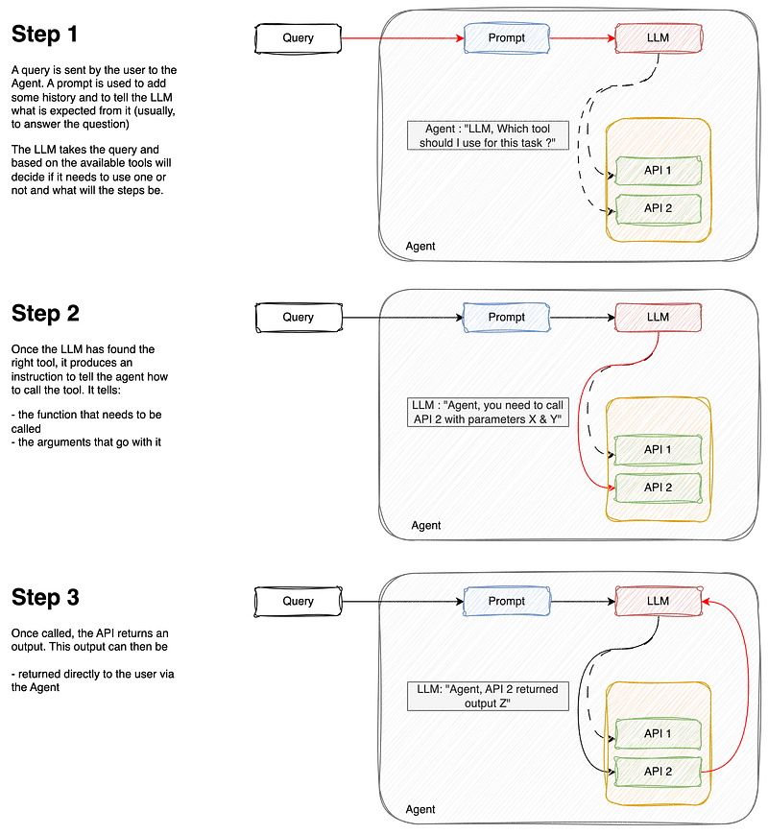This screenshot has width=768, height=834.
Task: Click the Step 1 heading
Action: (x=45, y=34)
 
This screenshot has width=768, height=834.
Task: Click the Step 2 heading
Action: (x=45, y=313)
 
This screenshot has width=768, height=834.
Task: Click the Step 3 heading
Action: (x=45, y=597)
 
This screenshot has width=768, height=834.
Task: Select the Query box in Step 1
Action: (x=298, y=38)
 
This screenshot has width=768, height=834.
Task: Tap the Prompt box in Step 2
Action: (x=507, y=318)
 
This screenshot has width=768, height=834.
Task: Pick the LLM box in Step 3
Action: (x=659, y=601)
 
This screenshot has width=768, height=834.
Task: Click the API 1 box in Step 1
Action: (x=659, y=170)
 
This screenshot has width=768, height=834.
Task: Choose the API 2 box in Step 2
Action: (x=659, y=488)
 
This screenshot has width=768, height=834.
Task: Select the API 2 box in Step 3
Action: (x=659, y=772)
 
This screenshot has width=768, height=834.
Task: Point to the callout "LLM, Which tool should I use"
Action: (x=488, y=135)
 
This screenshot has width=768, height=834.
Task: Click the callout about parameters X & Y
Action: (x=488, y=413)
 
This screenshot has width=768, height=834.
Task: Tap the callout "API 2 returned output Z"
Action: (x=488, y=696)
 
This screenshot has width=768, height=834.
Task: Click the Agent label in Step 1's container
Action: (x=420, y=247)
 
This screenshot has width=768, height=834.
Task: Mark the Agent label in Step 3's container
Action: (x=420, y=810)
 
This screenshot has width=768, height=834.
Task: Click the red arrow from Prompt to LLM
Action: (x=583, y=38)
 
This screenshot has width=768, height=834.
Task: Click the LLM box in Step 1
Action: (x=659, y=38)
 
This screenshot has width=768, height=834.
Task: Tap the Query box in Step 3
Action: (x=298, y=601)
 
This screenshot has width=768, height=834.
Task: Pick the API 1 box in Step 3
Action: (x=659, y=733)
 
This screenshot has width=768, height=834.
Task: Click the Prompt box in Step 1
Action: (x=507, y=38)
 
